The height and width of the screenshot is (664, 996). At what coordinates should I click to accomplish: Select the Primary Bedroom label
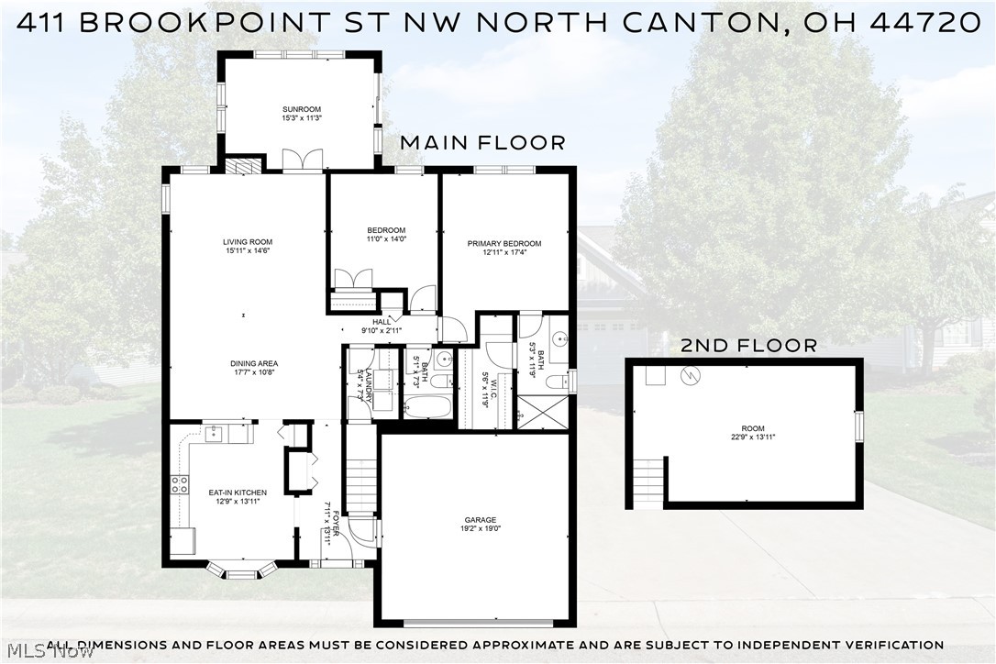click(x=504, y=244)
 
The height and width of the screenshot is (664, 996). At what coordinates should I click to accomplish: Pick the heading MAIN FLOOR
click(x=482, y=143)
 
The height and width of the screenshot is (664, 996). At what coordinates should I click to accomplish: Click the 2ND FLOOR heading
click(x=748, y=346)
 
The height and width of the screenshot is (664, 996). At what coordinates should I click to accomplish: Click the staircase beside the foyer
click(x=360, y=477)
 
